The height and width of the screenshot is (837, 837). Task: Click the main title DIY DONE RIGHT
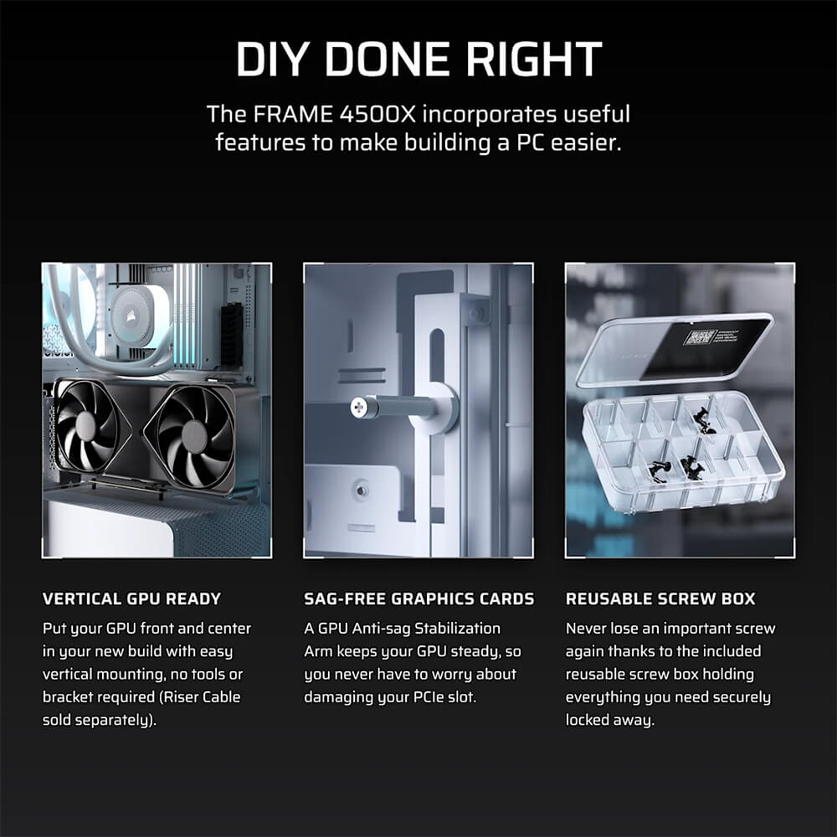coord(418,60)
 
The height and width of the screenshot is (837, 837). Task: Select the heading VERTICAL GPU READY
coord(131,598)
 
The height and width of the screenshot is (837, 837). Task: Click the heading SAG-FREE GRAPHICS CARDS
coord(418,598)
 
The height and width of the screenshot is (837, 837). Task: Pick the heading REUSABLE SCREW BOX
coord(660,598)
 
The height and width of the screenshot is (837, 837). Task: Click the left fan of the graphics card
coord(87,425)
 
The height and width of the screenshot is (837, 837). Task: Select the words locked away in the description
coord(609,719)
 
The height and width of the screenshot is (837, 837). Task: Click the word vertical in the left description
coord(69,674)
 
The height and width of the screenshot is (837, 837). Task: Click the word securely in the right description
coord(738,696)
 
